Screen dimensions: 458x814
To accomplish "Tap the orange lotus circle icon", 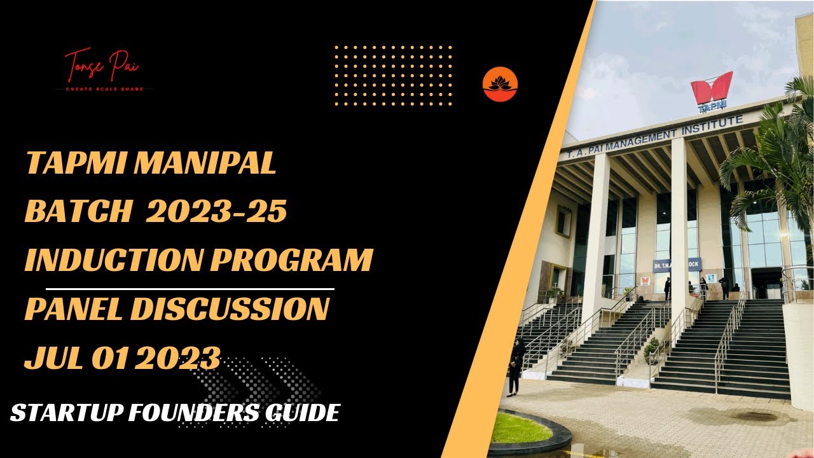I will (x=500, y=85).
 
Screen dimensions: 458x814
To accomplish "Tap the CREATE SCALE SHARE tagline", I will (x=106, y=89).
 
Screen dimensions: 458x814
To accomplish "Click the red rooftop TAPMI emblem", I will (x=712, y=89).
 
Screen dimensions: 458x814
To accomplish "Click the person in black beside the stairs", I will (x=514, y=366).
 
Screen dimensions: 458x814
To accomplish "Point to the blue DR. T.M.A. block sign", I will (x=677, y=265).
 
